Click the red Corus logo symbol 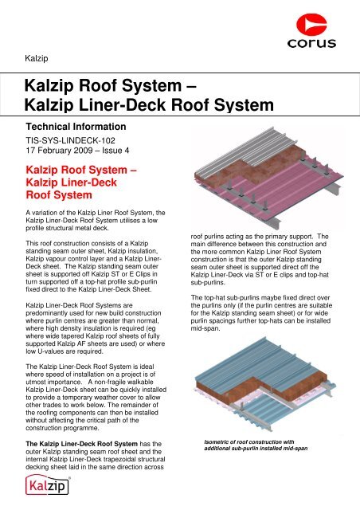pos(311,24)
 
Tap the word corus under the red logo pos(311,43)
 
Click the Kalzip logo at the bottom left pos(48,484)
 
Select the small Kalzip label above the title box pos(37,58)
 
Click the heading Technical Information pos(76,127)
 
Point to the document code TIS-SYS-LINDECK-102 pos(71,140)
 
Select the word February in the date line pos(55,151)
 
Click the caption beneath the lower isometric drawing pos(256,445)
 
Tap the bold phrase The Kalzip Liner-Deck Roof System pos(81,444)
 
